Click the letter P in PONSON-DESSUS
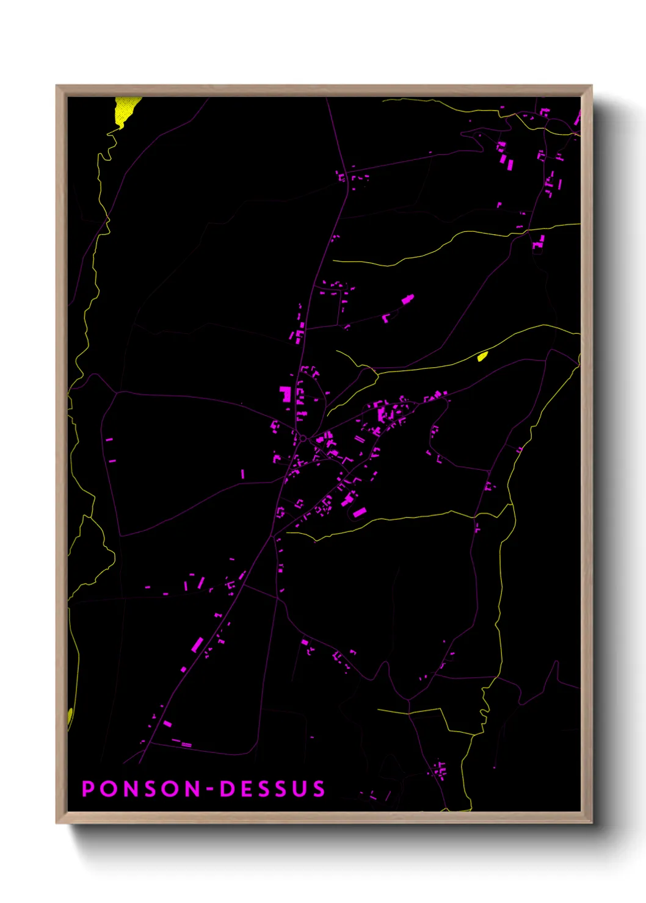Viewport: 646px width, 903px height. point(88,788)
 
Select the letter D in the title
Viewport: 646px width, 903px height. point(227,788)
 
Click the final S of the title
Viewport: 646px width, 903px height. point(319,788)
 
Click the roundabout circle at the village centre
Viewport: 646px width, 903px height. point(303,438)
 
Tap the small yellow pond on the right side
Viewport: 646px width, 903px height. point(482,356)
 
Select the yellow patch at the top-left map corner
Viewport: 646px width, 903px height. point(125,110)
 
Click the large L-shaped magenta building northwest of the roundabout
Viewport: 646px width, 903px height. point(285,394)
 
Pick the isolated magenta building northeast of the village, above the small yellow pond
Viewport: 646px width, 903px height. point(407,299)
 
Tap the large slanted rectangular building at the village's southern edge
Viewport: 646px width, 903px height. point(359,513)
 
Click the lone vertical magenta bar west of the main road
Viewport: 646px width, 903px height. point(242,473)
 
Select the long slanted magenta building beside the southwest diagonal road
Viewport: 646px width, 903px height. point(197,645)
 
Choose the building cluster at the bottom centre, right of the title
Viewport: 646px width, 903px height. point(439,769)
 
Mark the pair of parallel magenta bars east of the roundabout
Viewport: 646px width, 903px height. point(360,439)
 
